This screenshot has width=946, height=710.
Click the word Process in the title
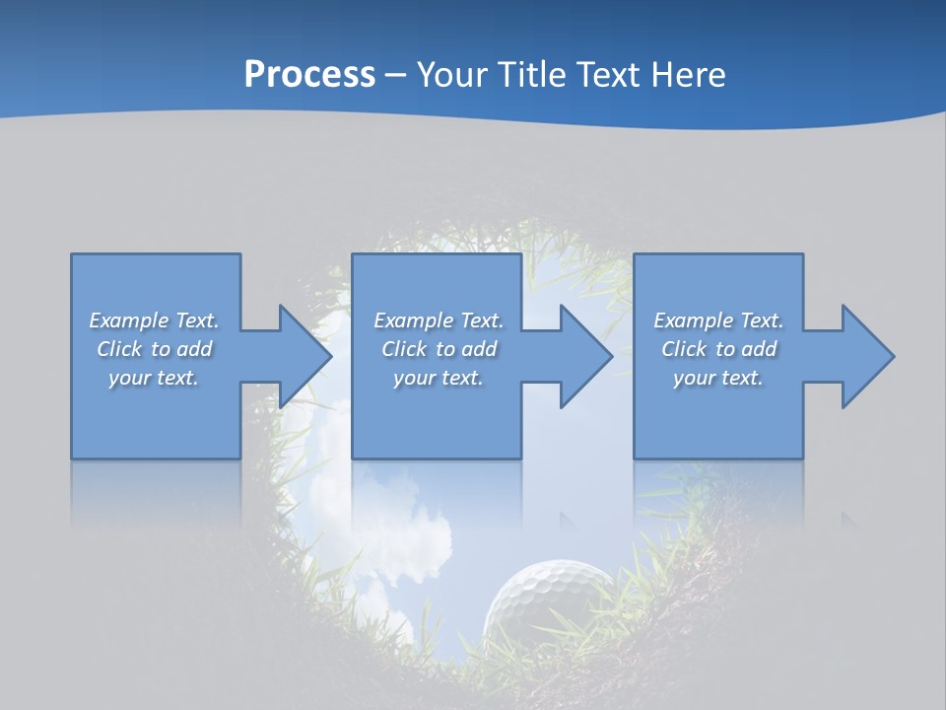coord(309,75)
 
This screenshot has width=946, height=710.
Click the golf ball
coord(547,602)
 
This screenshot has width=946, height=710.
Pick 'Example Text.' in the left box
coord(155,320)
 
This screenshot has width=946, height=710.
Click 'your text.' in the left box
coord(155,378)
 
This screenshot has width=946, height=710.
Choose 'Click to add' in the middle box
coord(439,349)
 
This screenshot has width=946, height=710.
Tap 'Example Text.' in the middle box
coord(439,320)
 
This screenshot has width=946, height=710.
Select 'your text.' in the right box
coord(718,378)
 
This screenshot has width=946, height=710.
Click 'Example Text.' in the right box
coord(718,320)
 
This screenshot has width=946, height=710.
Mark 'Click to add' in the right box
coord(718,349)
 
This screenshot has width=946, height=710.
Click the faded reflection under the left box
coord(155,493)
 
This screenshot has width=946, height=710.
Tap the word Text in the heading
coord(608,75)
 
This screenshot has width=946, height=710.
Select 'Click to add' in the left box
coord(155,349)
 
